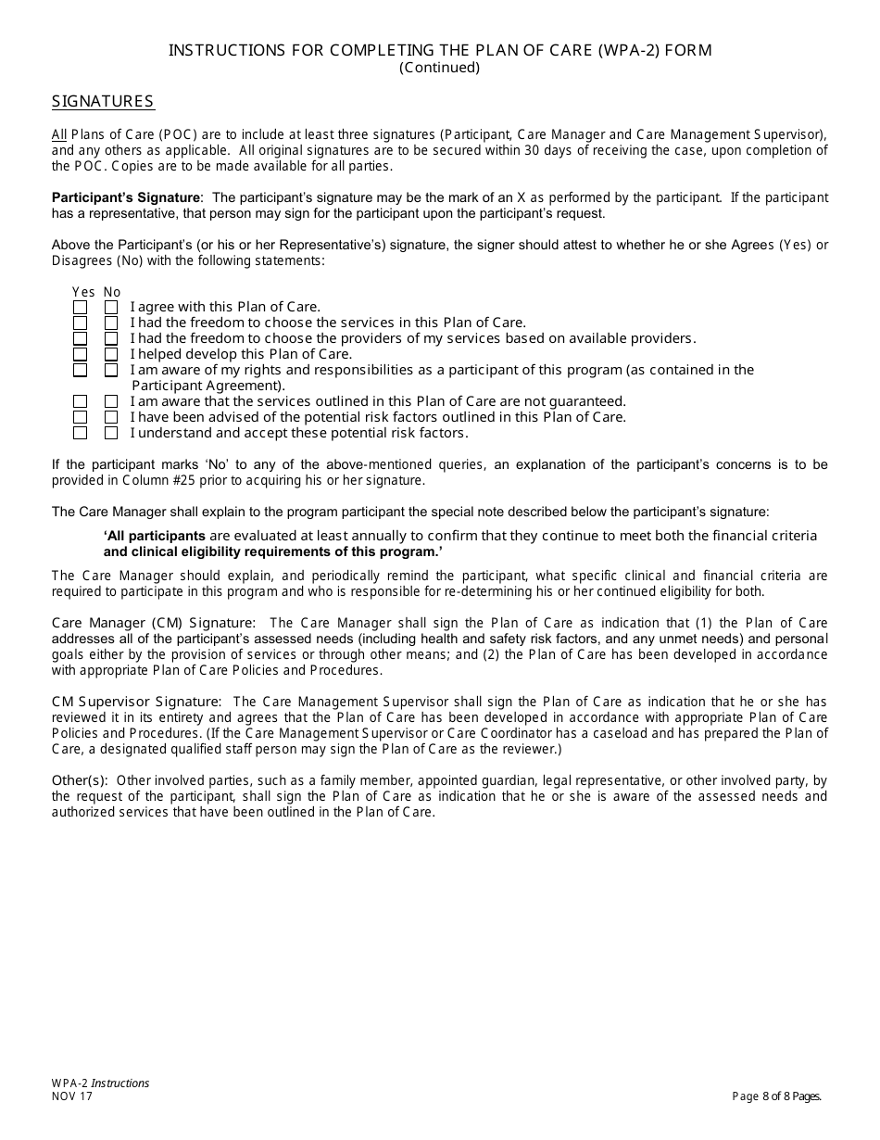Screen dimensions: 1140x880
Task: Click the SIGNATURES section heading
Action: [x=103, y=102]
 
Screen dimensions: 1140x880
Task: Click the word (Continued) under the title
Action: [x=439, y=68]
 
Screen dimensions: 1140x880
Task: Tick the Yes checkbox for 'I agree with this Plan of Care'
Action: [x=81, y=307]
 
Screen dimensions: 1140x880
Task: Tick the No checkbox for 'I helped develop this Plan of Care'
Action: [x=111, y=354]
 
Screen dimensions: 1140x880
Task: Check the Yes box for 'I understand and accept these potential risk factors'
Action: [x=81, y=433]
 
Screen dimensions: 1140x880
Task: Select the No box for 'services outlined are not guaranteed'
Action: [x=111, y=401]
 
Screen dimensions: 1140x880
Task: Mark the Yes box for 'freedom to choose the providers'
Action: [x=81, y=338]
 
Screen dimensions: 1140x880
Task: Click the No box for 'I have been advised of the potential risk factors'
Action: [x=111, y=417]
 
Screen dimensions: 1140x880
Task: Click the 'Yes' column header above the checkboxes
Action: [x=83, y=292]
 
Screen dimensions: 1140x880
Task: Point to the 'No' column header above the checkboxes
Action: [x=112, y=292]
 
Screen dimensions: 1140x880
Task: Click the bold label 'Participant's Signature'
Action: [x=125, y=197]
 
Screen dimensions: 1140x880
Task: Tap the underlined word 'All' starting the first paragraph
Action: [x=59, y=134]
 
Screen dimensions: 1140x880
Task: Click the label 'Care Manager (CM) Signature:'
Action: [x=153, y=623]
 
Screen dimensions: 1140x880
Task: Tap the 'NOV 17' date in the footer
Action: [x=71, y=1096]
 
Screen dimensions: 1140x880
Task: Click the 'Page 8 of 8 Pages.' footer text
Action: [x=776, y=1096]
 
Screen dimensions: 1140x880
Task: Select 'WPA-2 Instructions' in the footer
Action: [x=100, y=1083]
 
